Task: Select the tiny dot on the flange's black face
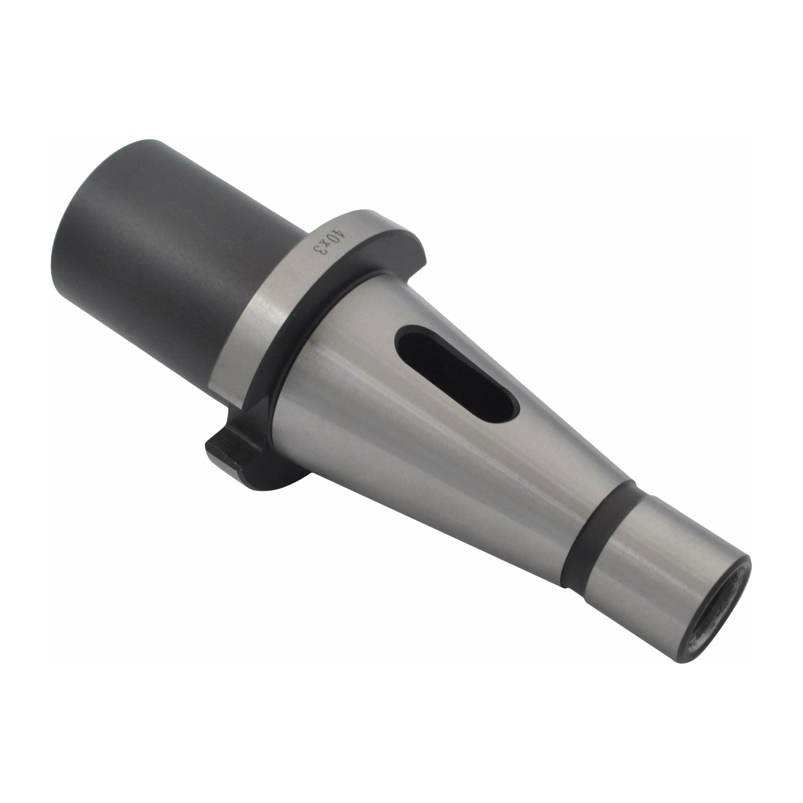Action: pyautogui.click(x=391, y=235)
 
